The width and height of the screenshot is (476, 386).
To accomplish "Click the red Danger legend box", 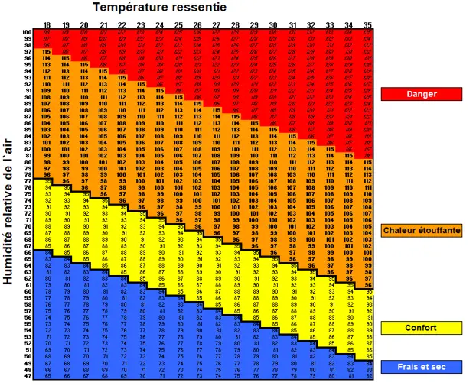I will (422, 94).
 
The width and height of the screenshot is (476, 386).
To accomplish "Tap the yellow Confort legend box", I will (422, 328).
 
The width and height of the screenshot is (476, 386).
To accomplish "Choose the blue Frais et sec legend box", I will (422, 367).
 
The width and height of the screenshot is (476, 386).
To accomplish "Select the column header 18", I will (47, 25).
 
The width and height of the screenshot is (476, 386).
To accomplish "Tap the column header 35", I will (368, 25).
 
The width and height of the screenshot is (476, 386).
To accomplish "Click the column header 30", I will (273, 25).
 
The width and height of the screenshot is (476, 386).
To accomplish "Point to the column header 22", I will (122, 25).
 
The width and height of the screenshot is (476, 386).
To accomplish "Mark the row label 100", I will (27, 32).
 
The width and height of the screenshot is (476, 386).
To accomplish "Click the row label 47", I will (27, 376).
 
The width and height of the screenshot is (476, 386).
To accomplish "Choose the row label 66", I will (27, 253).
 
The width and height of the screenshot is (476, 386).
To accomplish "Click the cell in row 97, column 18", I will (47, 52).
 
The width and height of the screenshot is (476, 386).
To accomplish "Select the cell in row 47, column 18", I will (47, 376).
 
